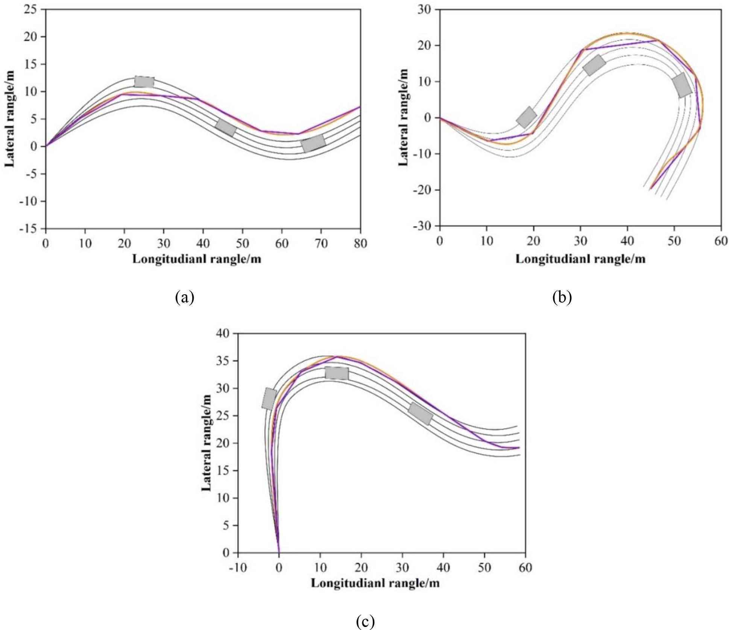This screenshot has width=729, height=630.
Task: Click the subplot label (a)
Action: [184, 297]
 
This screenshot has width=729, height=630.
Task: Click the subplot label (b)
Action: [562, 297]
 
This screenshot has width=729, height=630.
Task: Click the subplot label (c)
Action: [365, 622]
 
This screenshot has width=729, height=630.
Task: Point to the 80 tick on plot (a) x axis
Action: [360, 243]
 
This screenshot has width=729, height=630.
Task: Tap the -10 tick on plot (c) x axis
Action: [237, 567]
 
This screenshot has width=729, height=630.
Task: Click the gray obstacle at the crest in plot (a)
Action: [144, 81]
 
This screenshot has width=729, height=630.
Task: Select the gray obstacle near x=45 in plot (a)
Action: [226, 127]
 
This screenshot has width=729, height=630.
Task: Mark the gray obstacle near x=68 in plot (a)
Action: [313, 143]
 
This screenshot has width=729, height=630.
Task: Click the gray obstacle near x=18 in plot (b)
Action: [526, 117]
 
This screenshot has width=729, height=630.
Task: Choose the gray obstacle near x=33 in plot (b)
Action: [594, 65]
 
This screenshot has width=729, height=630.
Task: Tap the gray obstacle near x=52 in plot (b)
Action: [682, 85]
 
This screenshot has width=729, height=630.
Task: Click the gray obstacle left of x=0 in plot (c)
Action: [269, 399]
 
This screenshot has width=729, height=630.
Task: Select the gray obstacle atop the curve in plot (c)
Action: [337, 373]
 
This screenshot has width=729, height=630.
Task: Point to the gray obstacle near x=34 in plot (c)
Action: [420, 413]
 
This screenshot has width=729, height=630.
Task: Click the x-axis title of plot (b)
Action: [580, 259]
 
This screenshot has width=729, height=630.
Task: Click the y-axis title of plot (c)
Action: [207, 443]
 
